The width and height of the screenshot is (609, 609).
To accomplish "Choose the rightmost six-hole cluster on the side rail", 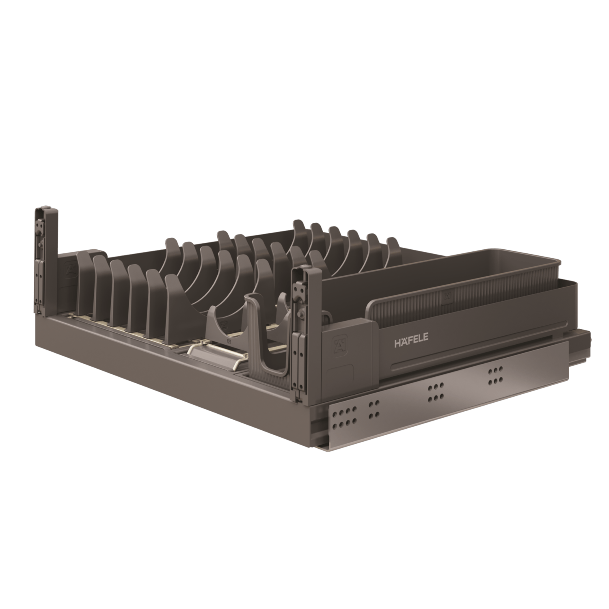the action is tap(495, 375).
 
